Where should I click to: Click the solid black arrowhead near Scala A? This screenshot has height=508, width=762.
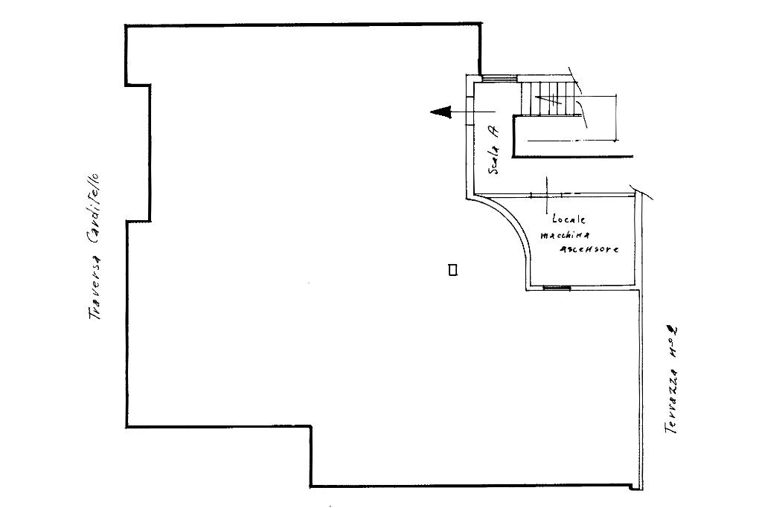(x=441, y=112)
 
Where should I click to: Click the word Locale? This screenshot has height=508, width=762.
(x=569, y=220)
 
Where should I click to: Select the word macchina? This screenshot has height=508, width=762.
(x=566, y=235)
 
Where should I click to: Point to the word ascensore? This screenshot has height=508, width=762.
(x=589, y=250)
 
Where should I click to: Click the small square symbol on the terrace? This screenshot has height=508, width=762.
(x=452, y=271)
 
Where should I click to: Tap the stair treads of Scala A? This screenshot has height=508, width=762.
(x=551, y=99)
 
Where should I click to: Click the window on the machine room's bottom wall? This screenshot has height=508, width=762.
(x=557, y=288)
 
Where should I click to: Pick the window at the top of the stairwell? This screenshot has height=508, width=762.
(x=499, y=79)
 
